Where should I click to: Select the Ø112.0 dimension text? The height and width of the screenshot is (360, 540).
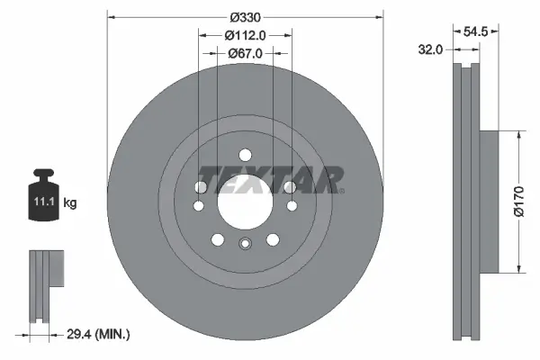(245, 35)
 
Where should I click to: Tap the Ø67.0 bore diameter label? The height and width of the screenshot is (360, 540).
(245, 53)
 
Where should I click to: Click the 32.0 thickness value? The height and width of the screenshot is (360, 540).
(430, 50)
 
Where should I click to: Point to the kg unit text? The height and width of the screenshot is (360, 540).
(70, 203)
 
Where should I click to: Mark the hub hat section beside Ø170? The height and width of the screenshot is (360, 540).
(482, 201)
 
